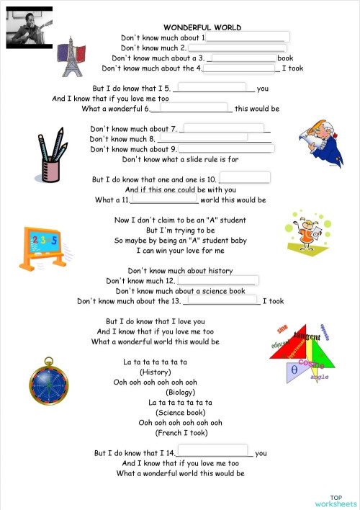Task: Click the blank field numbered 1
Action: (248, 37)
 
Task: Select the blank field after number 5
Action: (214, 88)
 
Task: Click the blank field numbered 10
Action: (244, 178)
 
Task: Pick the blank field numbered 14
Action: (214, 452)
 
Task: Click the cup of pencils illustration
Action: (50, 155)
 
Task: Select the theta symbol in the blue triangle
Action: (294, 370)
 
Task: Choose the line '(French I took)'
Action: (181, 433)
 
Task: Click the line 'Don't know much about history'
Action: (180, 271)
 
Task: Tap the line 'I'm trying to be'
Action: (180, 231)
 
